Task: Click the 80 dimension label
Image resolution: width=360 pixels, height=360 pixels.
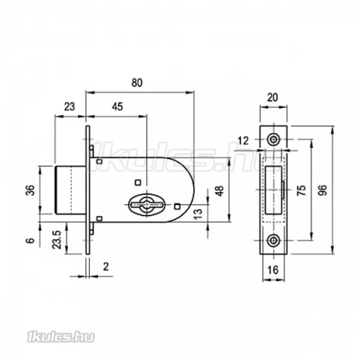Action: pos(137,83)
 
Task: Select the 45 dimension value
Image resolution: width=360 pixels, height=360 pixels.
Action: pos(117,107)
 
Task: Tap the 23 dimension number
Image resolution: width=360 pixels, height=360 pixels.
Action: pos(69,107)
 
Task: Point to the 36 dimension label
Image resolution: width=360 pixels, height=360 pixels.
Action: pos(31,190)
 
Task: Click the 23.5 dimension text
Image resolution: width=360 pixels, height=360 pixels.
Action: pos(57,239)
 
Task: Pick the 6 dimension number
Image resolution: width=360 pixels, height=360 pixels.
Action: pos(31,240)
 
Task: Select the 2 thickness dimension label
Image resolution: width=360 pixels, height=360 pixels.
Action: pos(106,266)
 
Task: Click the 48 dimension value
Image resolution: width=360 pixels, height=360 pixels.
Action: pos(220,191)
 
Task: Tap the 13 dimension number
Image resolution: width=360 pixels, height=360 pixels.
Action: pos(198,214)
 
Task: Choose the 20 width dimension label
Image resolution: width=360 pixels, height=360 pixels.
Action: pos(272,97)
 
